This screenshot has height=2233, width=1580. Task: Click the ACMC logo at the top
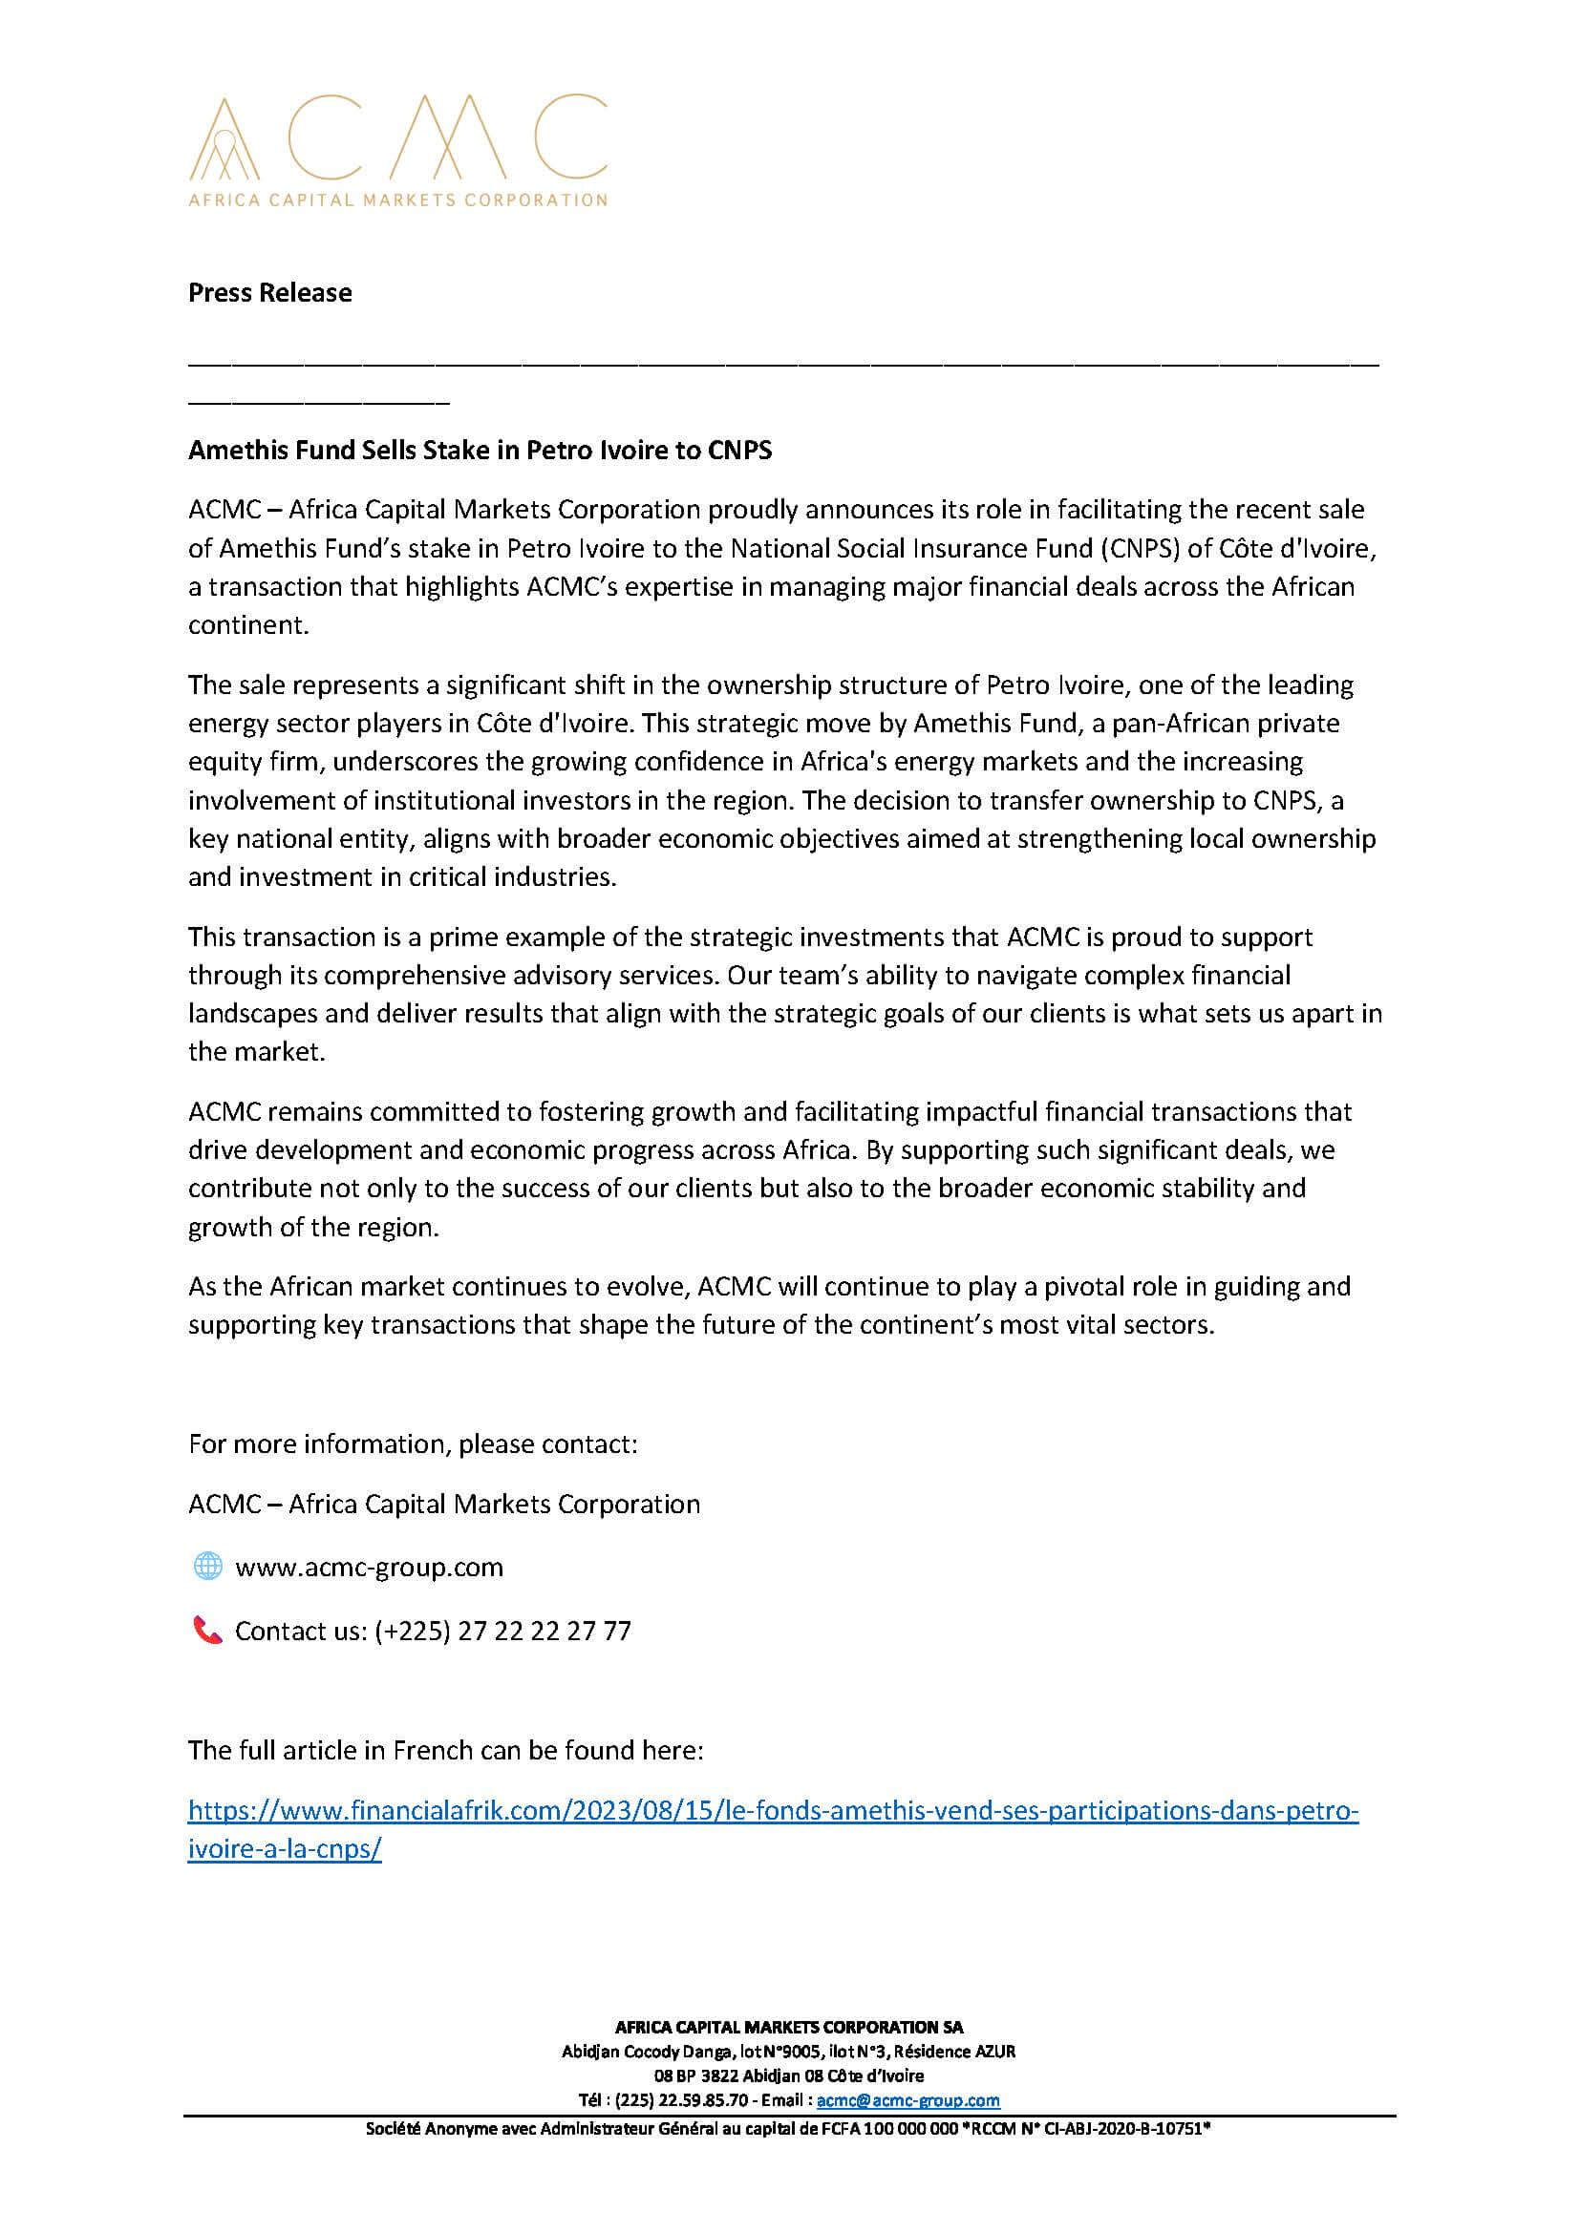(x=397, y=151)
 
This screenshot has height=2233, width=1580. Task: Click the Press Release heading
(x=269, y=293)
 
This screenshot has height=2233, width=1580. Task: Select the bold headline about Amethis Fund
(x=480, y=450)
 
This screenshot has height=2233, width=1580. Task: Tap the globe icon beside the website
(x=207, y=1566)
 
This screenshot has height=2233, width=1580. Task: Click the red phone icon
(x=207, y=1630)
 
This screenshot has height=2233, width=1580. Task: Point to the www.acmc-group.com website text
(x=369, y=1567)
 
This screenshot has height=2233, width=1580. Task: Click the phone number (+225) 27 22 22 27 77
(x=502, y=1631)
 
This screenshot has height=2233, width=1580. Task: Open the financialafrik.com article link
(x=773, y=1810)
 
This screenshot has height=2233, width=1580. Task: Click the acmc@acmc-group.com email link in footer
(x=907, y=2099)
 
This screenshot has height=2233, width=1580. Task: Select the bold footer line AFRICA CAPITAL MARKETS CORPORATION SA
(x=789, y=2027)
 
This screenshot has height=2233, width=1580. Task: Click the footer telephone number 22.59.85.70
(x=703, y=2099)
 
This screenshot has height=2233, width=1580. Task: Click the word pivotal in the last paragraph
(x=1081, y=1286)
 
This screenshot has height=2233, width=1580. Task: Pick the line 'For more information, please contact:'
(x=413, y=1443)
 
